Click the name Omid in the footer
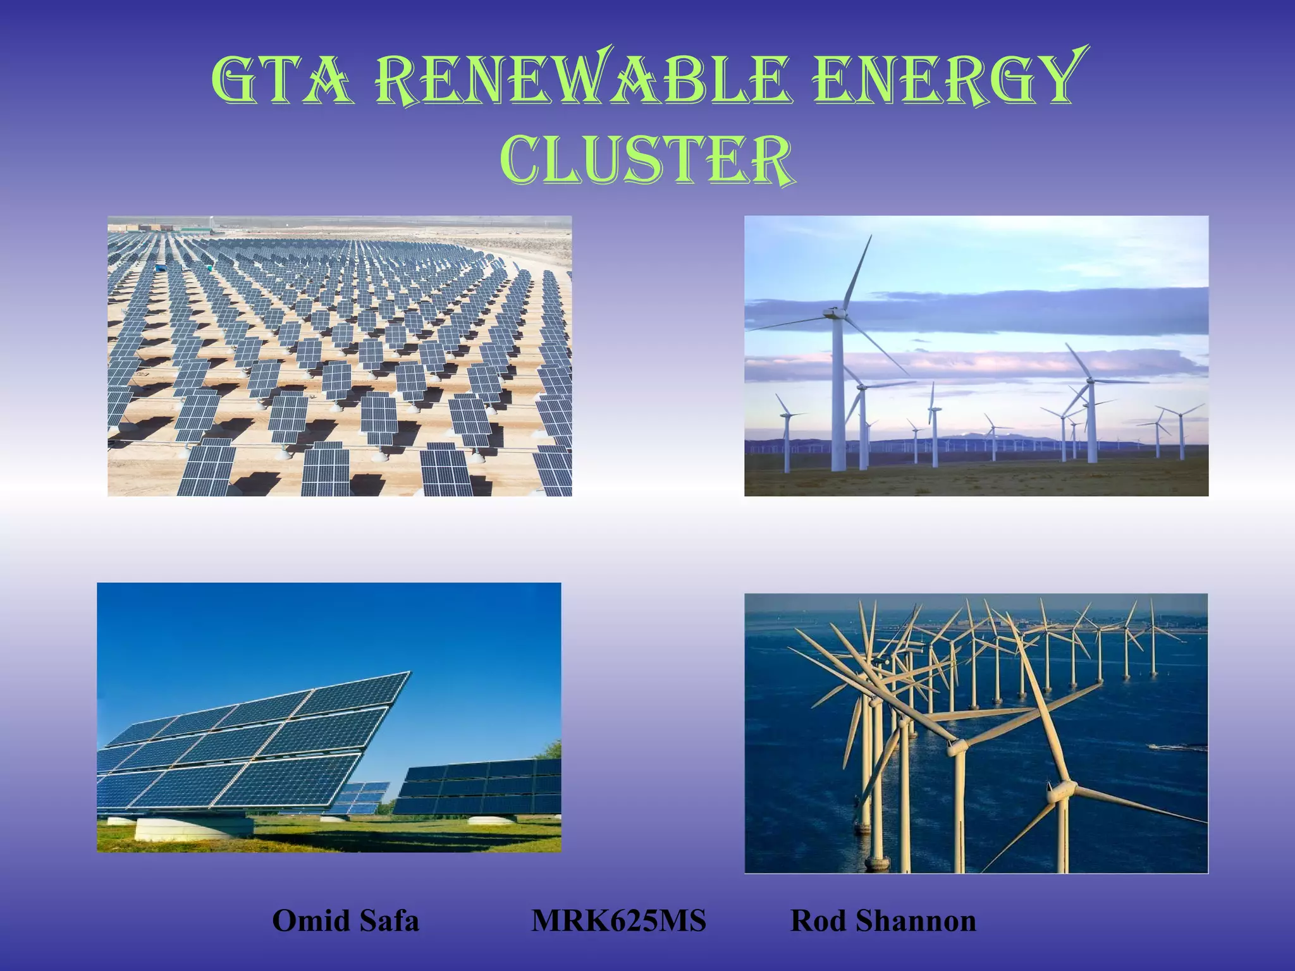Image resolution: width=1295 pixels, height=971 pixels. pyautogui.click(x=304, y=921)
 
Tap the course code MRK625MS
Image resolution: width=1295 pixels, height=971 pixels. pyautogui.click(x=618, y=921)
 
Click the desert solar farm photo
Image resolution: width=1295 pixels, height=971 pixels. pyautogui.click(x=340, y=356)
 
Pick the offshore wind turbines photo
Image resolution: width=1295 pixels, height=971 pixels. pyautogui.click(x=976, y=733)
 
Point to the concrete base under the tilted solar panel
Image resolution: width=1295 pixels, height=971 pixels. pyautogui.click(x=193, y=828)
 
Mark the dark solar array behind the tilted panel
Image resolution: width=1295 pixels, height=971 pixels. pyautogui.click(x=477, y=787)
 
